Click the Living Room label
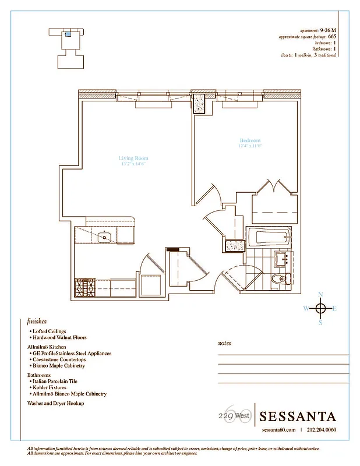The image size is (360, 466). (x=133, y=158)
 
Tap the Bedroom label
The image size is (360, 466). (x=250, y=141)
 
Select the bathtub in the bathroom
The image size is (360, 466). (x=269, y=237)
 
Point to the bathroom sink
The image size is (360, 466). (x=284, y=258)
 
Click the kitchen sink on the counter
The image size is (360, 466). (x=105, y=236)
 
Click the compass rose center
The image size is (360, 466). (x=320, y=308)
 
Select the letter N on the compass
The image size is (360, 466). (x=320, y=295)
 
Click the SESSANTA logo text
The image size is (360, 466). (x=298, y=416)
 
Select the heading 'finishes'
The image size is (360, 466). (x=37, y=321)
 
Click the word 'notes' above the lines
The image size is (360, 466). (x=224, y=343)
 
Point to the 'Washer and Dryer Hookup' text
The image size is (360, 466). (x=55, y=403)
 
